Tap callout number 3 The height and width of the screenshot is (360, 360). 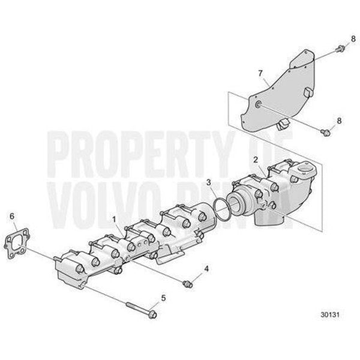point(208,182)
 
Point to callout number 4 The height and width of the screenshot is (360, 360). point(206,269)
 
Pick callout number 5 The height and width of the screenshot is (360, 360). point(162,297)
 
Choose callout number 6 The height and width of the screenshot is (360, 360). point(11,215)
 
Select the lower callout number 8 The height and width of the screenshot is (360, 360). point(339,121)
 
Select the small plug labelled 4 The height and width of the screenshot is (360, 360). point(187,282)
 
